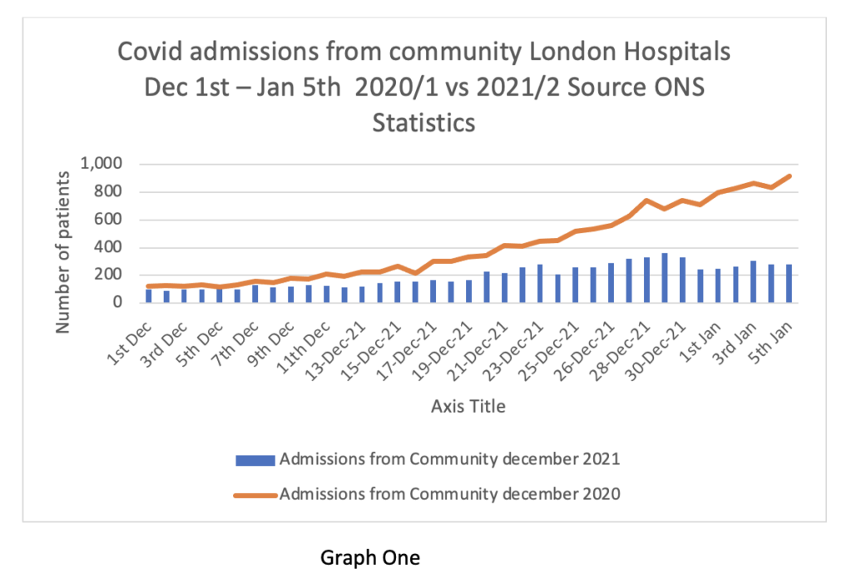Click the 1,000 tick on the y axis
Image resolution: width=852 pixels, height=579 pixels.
click(101, 164)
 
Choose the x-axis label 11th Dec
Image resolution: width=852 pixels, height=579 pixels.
click(304, 345)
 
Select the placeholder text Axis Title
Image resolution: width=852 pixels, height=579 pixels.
click(468, 407)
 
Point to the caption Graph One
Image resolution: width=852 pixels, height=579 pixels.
click(370, 557)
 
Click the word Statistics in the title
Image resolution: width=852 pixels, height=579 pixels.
click(424, 122)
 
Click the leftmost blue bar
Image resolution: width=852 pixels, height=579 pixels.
click(148, 295)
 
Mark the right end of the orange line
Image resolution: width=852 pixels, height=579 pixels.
click(789, 176)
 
